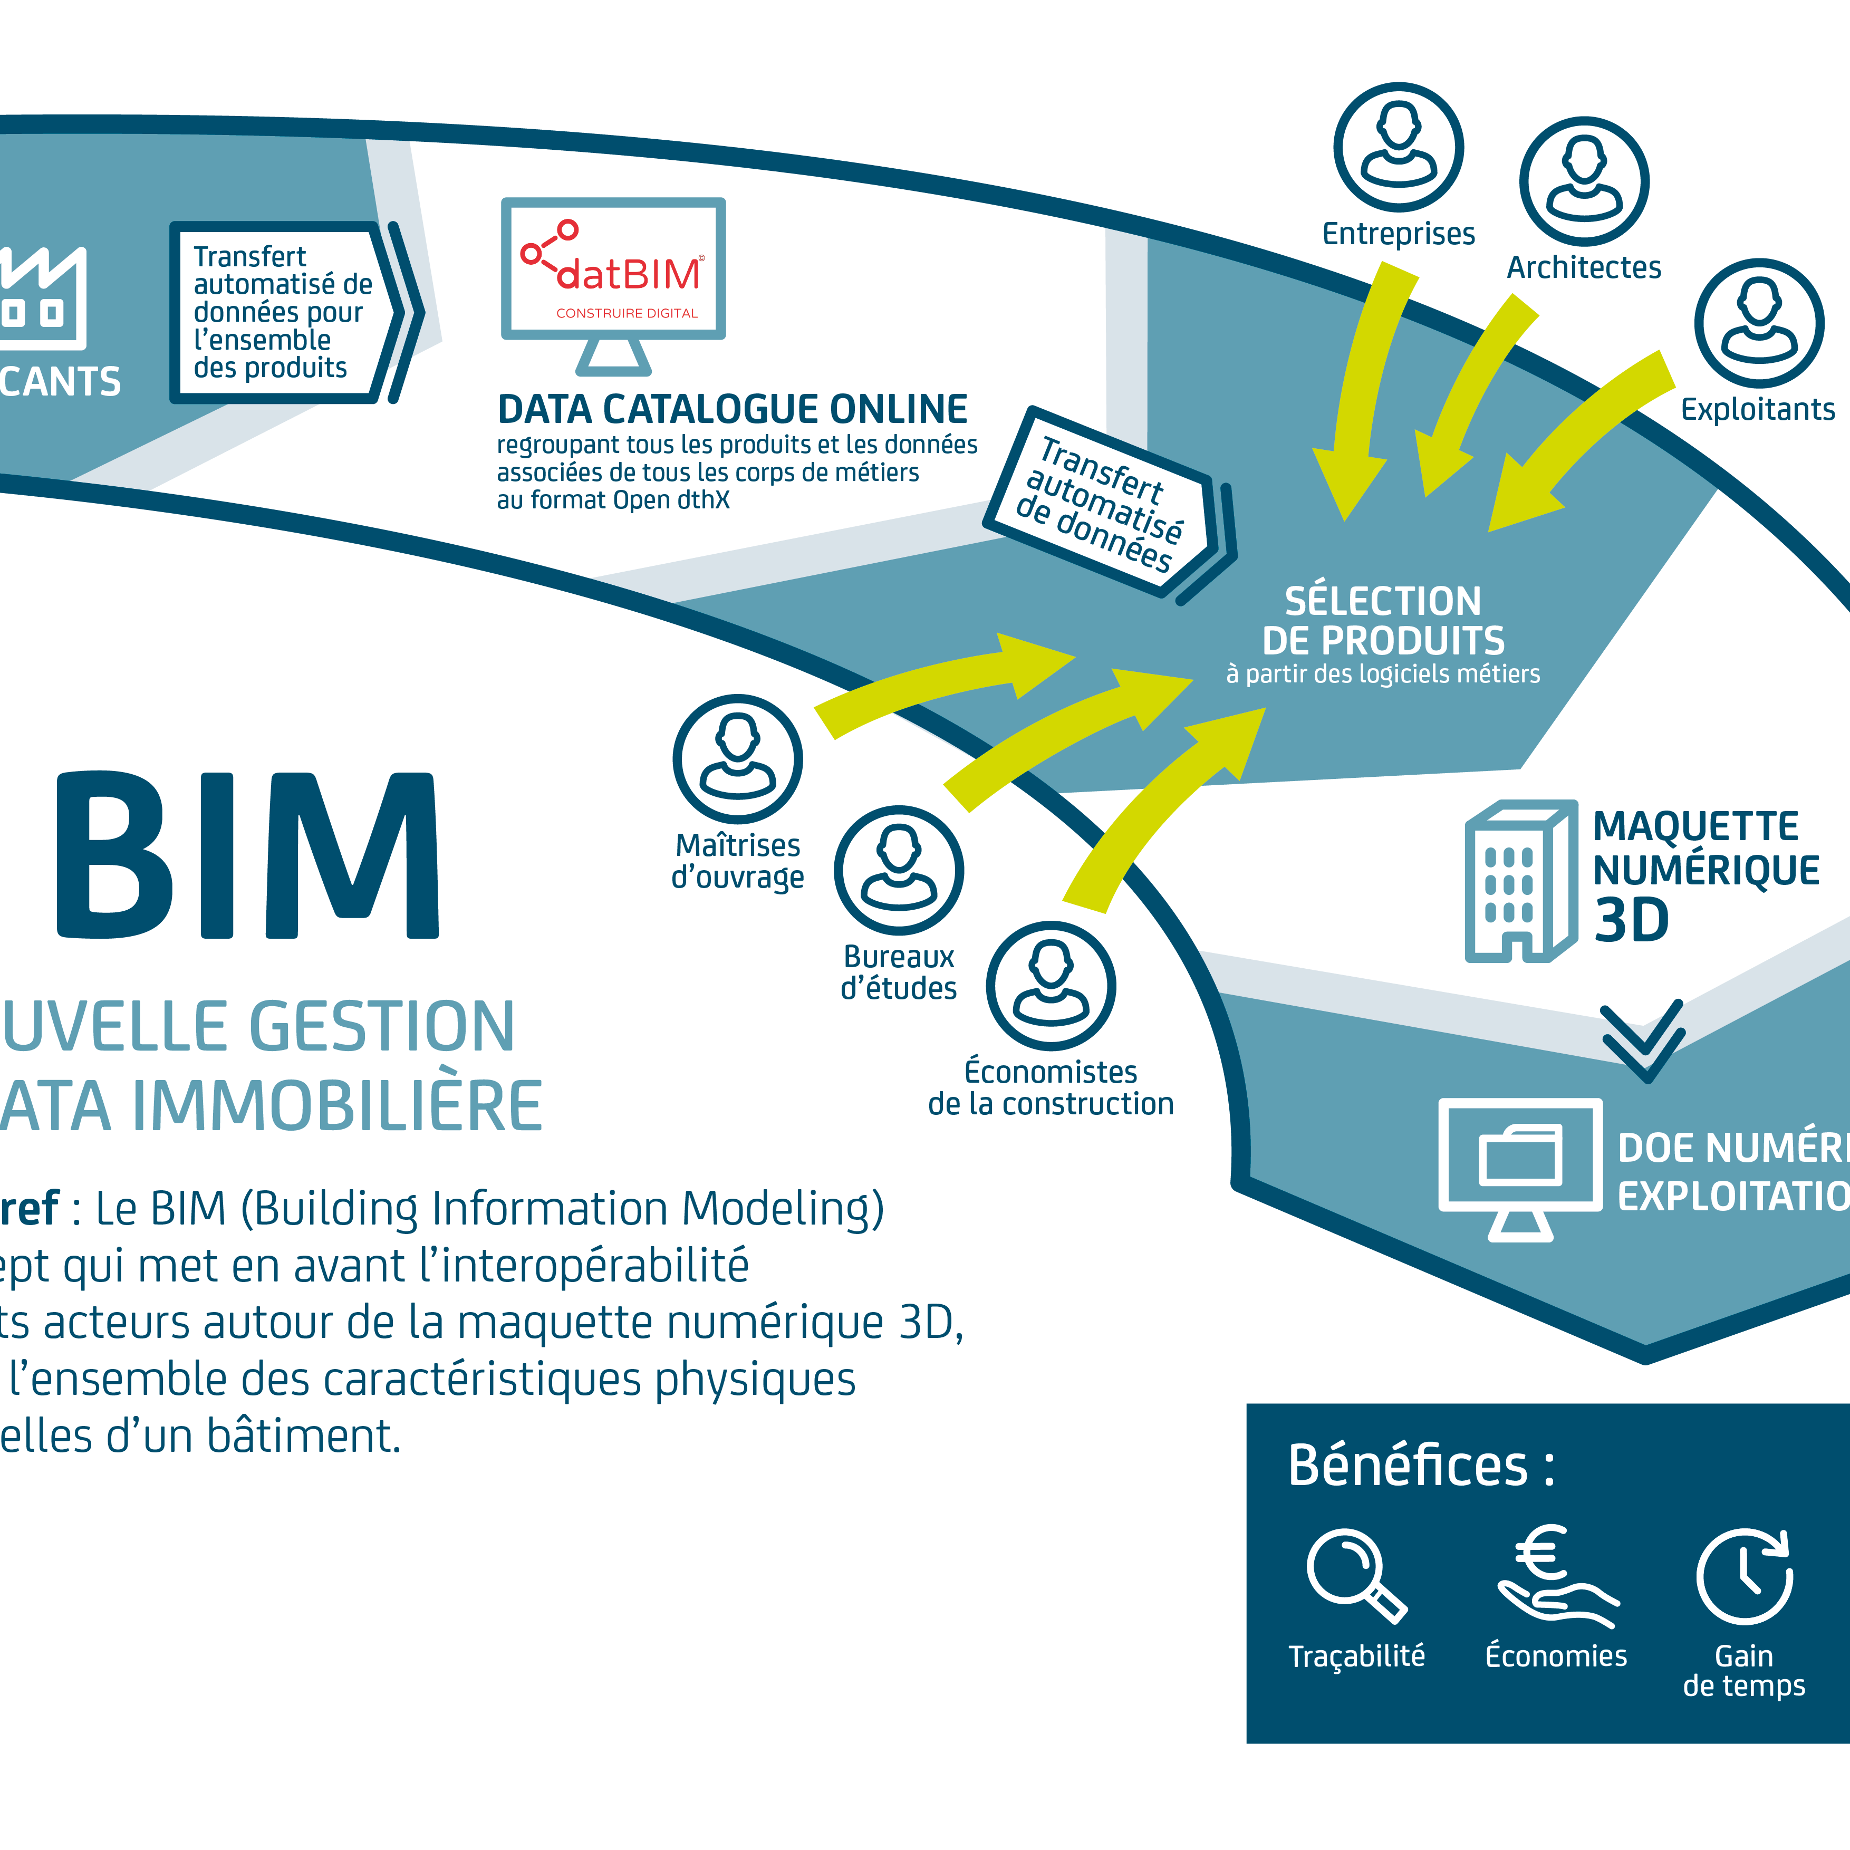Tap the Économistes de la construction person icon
click(x=1051, y=986)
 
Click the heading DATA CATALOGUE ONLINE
click(x=733, y=410)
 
